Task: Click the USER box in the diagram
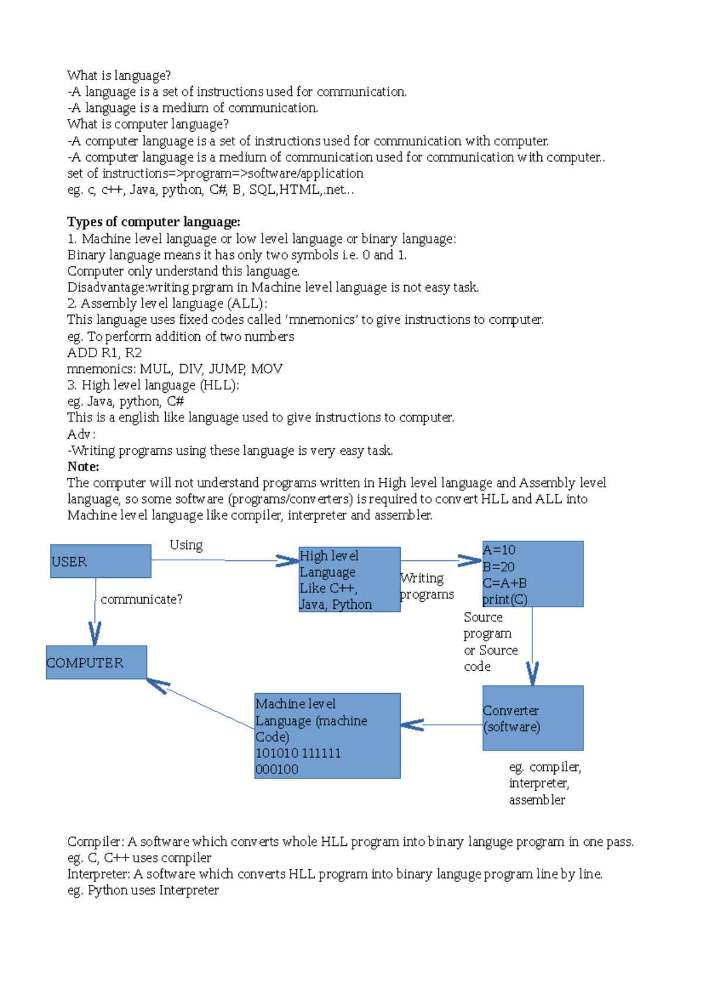[x=100, y=561]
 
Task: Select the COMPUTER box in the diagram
[x=96, y=662]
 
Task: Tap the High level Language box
[x=349, y=579]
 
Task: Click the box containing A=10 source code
[x=533, y=574]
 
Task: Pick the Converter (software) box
[x=533, y=718]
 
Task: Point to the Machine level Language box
[x=327, y=735]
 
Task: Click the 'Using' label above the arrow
[x=186, y=545]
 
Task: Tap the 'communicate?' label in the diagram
[x=141, y=599]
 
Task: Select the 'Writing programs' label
[x=426, y=586]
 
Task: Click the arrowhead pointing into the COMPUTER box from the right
[x=157, y=684]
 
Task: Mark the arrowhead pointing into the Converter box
[x=532, y=674]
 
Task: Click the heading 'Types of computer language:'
[x=153, y=222]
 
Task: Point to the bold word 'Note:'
[x=83, y=467]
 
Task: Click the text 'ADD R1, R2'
[x=104, y=352]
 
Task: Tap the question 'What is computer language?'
[x=148, y=124]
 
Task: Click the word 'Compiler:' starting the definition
[x=95, y=842]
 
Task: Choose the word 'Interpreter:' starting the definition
[x=98, y=874]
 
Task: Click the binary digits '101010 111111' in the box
[x=298, y=753]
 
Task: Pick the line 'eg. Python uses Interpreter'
[x=143, y=890]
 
